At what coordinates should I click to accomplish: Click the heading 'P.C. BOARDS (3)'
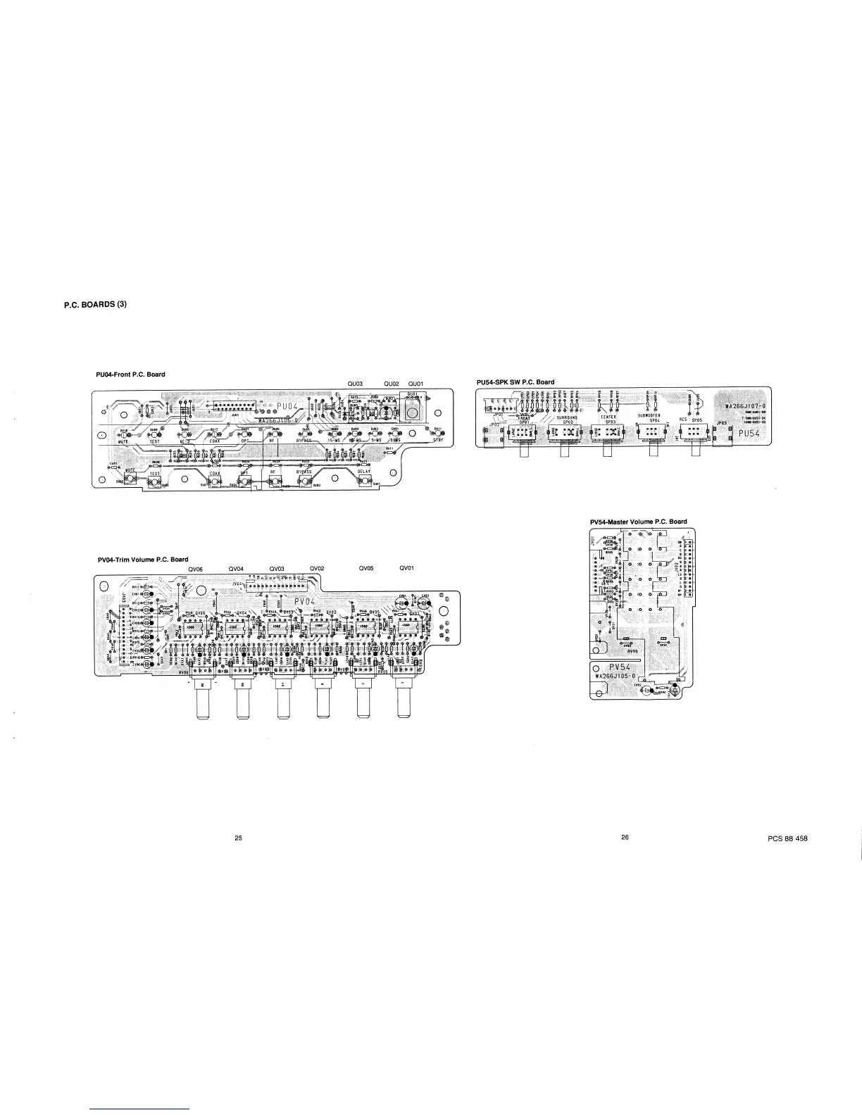[x=91, y=305]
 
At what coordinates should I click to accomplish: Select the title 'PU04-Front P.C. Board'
[x=130, y=374]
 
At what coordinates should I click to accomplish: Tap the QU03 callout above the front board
[x=354, y=384]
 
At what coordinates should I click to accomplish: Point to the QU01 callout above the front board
[x=416, y=384]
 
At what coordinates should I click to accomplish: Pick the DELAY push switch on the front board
[x=363, y=481]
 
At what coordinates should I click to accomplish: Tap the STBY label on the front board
[x=438, y=442]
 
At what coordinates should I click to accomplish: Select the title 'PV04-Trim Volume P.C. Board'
[x=142, y=560]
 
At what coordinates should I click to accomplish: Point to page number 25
[x=239, y=838]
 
